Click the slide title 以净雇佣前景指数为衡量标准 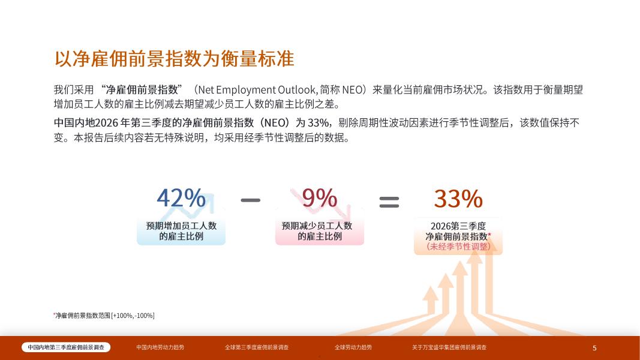coord(175,59)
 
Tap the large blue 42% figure coord(181,199)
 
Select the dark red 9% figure coord(320,199)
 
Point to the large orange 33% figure coord(458,199)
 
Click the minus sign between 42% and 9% coord(251,200)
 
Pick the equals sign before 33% coord(389,202)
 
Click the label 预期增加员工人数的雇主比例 coord(181,231)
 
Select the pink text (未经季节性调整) coord(458,247)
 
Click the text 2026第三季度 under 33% coord(458,226)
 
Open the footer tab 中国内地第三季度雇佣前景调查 coord(66,347)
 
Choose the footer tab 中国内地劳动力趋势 coord(160,347)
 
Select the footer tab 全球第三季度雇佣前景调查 coord(257,347)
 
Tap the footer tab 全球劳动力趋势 coord(353,347)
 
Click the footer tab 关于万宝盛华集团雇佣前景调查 coord(449,347)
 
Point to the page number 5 coord(594,348)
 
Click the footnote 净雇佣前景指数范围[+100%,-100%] coord(104,316)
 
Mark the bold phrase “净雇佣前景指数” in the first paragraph coord(141,89)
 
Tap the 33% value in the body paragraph coord(318,123)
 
